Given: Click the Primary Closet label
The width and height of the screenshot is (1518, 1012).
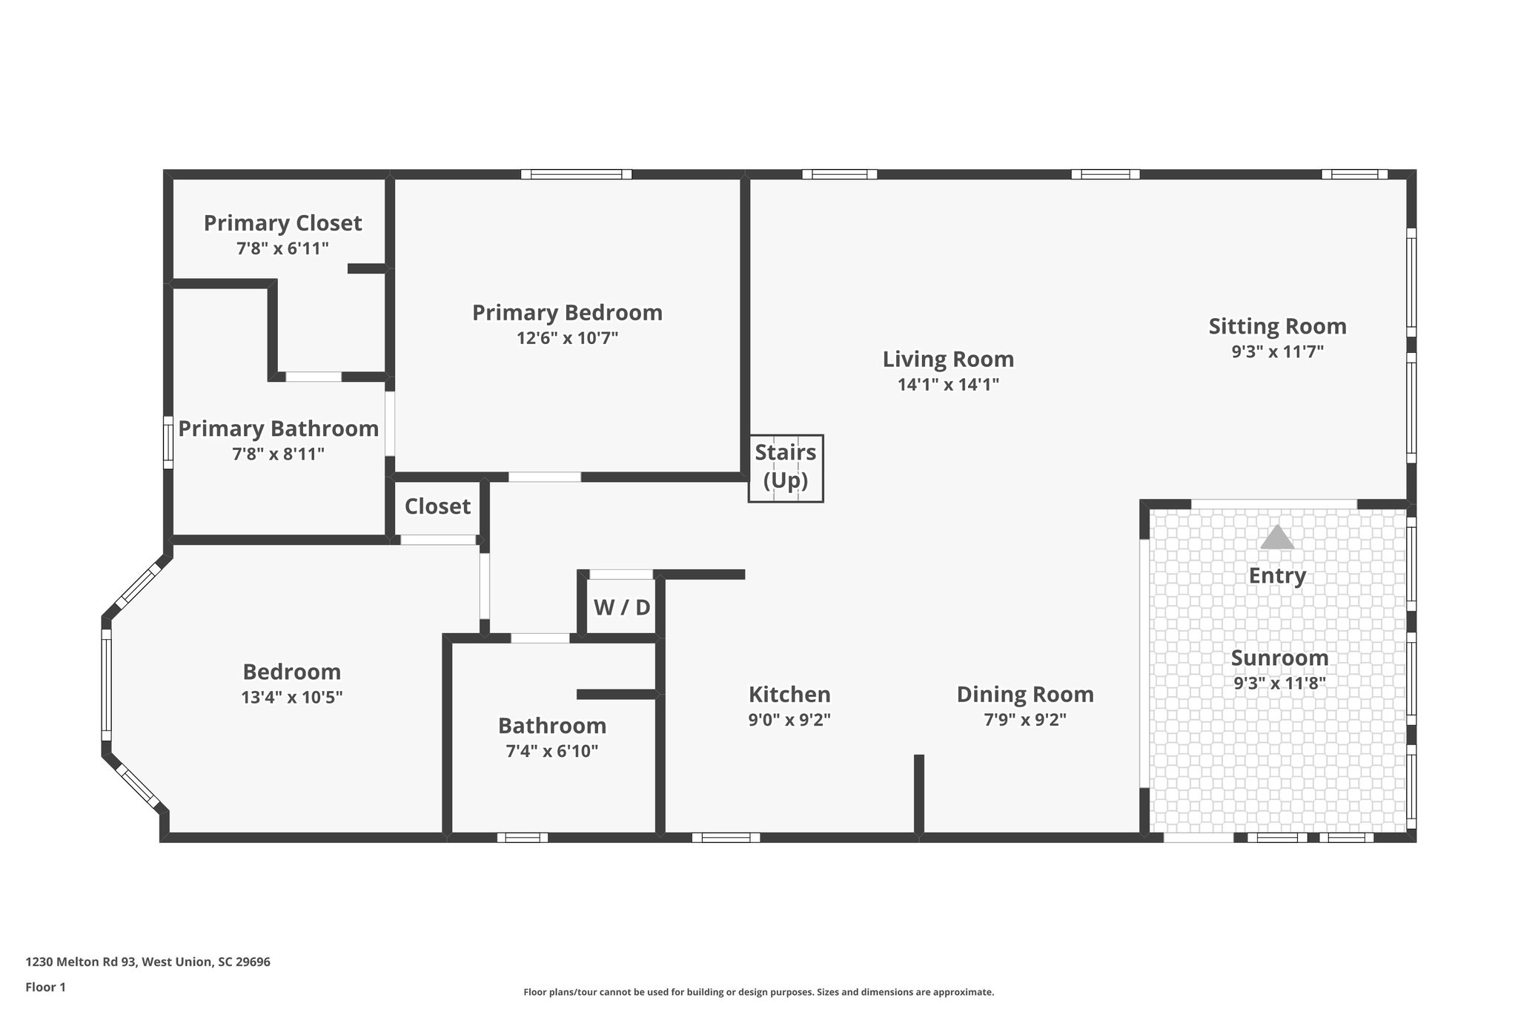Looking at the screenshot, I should (282, 223).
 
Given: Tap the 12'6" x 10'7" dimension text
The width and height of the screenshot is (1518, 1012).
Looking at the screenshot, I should (567, 339).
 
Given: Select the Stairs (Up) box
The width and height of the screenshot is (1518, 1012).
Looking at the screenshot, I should (786, 468).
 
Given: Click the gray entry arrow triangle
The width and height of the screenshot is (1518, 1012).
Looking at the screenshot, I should (1276, 538).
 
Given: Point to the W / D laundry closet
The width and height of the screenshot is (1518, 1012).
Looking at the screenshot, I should (621, 608).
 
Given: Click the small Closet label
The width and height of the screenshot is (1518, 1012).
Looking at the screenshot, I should (437, 506).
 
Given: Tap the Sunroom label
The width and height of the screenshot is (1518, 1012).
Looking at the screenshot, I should (1279, 658).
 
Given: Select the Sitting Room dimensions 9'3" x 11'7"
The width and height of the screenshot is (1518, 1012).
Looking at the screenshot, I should (1277, 352).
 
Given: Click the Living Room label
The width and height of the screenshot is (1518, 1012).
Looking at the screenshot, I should (948, 360).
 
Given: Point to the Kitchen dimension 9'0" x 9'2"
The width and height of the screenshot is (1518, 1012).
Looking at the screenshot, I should (789, 720).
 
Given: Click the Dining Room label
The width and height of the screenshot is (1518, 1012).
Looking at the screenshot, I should (1024, 695).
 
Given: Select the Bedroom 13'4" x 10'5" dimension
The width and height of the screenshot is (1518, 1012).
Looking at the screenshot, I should (291, 698).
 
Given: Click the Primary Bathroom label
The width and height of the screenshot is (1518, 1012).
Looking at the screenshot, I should (278, 429).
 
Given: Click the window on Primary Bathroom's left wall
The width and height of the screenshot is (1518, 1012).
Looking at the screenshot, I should (168, 442).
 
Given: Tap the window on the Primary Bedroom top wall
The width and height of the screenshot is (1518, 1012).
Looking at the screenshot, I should (576, 174).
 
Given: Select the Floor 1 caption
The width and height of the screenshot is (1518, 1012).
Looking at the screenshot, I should (46, 988).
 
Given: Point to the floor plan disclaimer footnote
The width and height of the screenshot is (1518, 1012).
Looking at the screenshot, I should (758, 992).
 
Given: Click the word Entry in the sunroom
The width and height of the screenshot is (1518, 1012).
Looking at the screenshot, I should (1276, 576).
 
